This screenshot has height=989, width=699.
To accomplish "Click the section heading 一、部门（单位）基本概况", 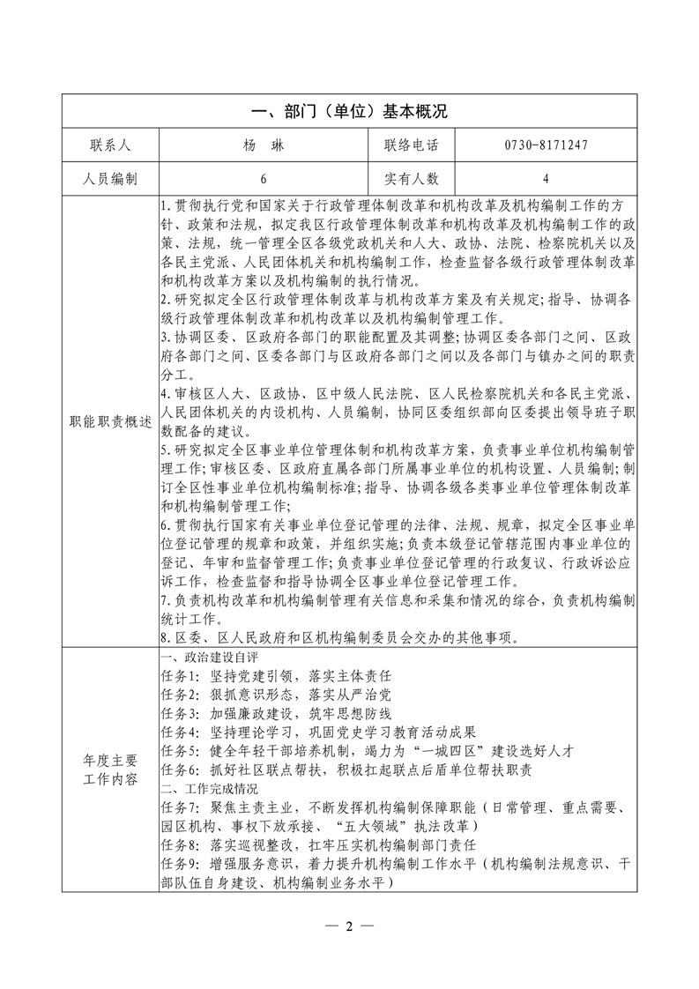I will [349, 112].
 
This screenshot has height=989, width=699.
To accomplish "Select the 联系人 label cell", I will [110, 145].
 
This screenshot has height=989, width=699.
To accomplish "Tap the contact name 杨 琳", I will [263, 145].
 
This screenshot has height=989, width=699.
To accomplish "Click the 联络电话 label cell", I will [411, 145].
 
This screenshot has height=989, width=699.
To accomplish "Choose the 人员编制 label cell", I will [110, 178].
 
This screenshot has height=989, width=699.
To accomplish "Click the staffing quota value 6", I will [263, 178].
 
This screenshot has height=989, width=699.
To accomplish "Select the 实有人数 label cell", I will [411, 178].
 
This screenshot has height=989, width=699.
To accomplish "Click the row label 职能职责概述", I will [110, 422].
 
